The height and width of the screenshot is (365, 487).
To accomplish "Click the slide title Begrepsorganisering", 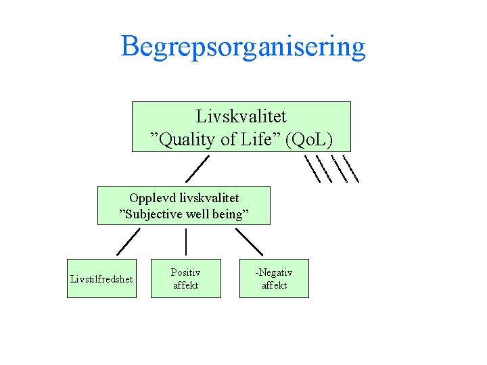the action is pyautogui.click(x=243, y=47).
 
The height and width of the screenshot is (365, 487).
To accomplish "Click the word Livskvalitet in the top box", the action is pyautogui.click(x=241, y=117).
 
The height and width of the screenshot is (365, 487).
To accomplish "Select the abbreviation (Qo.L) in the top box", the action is pyautogui.click(x=308, y=140).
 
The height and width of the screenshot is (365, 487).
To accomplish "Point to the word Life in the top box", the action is pyautogui.click(x=260, y=140).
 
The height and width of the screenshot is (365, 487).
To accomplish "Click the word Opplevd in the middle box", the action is pyautogui.click(x=149, y=198).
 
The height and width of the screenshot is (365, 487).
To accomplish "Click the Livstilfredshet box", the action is pyautogui.click(x=101, y=278).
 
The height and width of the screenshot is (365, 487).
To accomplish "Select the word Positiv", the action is pyautogui.click(x=185, y=272).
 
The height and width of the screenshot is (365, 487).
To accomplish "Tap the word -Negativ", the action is pyautogui.click(x=274, y=272).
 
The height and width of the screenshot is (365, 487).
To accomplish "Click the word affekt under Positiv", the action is pyautogui.click(x=185, y=285).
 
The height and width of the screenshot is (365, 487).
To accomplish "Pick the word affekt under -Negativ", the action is pyautogui.click(x=274, y=285).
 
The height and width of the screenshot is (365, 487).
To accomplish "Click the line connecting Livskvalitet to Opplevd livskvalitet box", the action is pyautogui.click(x=198, y=166).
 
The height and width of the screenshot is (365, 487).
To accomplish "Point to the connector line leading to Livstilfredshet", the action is pyautogui.click(x=128, y=241).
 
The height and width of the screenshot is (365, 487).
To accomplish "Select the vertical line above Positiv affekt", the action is pyautogui.click(x=186, y=241).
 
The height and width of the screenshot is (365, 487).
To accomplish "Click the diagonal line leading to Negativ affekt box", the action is pyautogui.click(x=250, y=241).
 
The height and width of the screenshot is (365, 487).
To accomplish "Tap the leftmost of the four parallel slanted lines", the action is pyautogui.click(x=312, y=169).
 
